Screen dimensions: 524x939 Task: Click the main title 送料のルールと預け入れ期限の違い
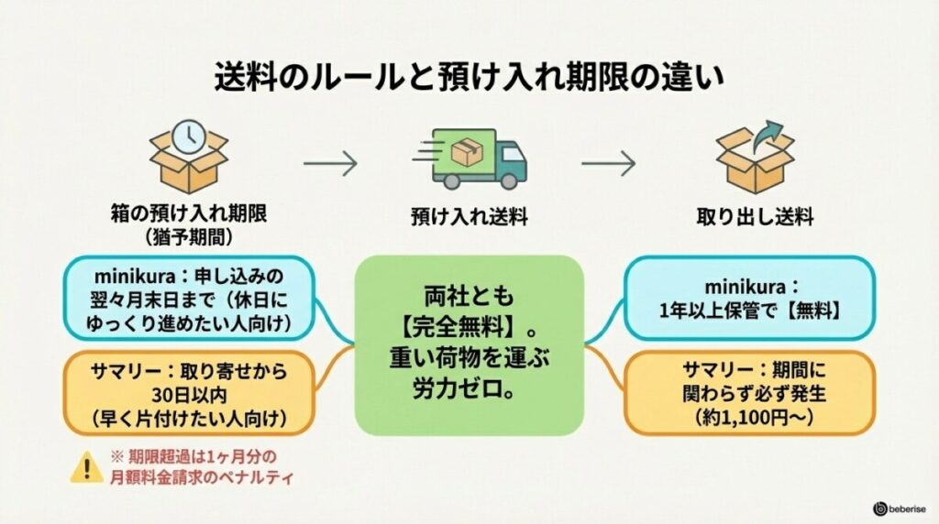469,74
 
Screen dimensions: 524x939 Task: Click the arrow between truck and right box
608,164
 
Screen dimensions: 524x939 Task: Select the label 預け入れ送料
469,218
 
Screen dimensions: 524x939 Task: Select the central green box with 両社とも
469,344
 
